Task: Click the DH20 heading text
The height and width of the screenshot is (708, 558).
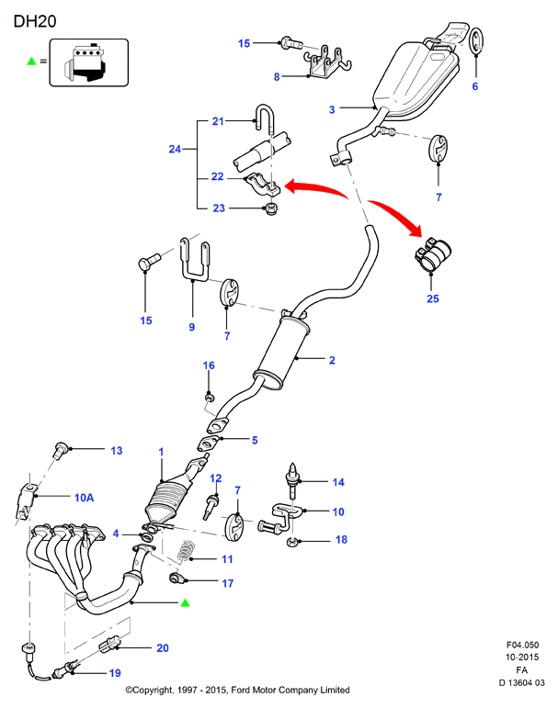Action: (x=35, y=21)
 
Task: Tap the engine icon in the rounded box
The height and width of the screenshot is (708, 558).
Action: (x=85, y=63)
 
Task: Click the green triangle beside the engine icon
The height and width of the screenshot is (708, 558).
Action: (x=31, y=61)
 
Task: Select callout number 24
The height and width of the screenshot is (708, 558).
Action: (x=175, y=149)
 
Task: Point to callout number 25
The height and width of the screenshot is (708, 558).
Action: (x=433, y=298)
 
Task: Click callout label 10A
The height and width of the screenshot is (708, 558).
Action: (x=84, y=498)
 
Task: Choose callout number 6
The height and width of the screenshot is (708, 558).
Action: (x=475, y=86)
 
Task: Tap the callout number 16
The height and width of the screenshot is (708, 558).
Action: (x=209, y=365)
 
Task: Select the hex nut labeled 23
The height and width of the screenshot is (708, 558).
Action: (x=271, y=209)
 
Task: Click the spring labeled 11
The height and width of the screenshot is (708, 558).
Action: (x=185, y=552)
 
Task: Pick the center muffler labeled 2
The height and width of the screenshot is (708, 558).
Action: (x=281, y=353)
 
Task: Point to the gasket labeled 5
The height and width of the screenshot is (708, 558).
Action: (x=209, y=443)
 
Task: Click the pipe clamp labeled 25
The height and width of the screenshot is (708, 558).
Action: (x=433, y=254)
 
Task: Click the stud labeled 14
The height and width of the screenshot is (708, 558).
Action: (x=292, y=480)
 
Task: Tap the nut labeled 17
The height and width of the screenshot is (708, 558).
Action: (x=176, y=578)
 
